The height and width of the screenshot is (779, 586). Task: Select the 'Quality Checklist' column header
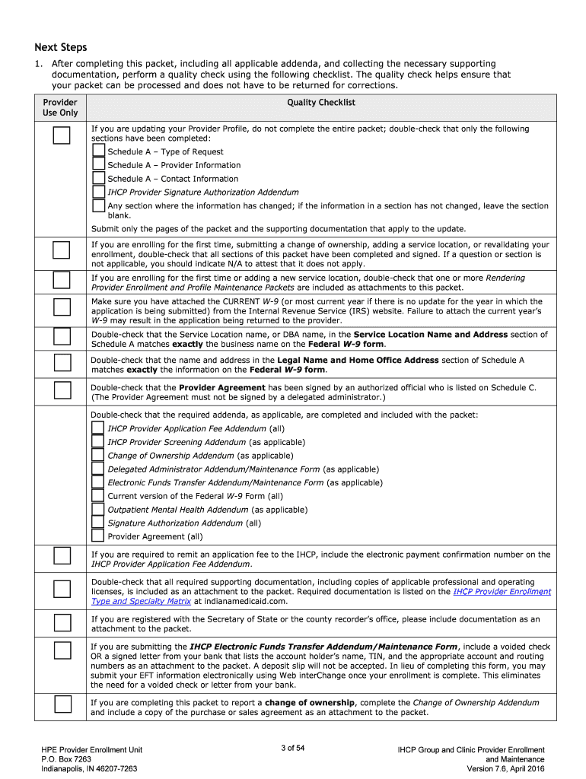point(320,103)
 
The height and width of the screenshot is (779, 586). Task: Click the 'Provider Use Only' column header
point(60,107)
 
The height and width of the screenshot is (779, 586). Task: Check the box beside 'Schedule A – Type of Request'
point(99,151)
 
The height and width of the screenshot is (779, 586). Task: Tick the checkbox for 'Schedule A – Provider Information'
point(99,164)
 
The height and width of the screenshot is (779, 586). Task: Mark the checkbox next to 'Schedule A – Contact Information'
point(99,179)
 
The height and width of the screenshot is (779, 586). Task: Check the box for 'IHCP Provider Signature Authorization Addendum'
point(99,192)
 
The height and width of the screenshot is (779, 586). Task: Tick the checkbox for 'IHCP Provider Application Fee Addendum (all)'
point(97,428)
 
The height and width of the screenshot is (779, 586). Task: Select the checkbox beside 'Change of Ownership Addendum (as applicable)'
point(97,455)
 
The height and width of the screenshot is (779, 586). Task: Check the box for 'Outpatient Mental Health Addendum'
point(97,509)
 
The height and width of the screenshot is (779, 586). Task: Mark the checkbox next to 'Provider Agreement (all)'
point(97,536)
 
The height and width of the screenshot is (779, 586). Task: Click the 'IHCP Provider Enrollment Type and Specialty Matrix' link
point(502,591)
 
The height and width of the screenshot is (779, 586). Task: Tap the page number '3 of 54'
point(292,749)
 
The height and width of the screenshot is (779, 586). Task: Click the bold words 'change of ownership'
point(309,703)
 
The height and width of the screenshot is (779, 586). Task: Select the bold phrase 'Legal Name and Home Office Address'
point(358,360)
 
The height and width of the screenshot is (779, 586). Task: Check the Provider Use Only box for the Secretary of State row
point(61,623)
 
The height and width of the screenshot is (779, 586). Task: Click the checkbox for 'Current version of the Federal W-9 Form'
point(97,495)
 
